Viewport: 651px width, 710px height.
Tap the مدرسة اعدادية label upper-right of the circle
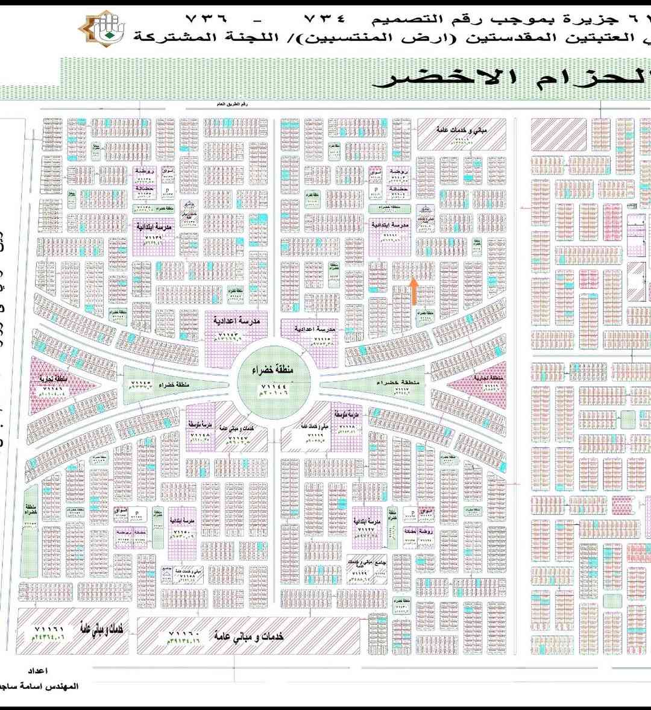coord(315,330)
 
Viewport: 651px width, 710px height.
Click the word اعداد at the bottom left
coord(38,670)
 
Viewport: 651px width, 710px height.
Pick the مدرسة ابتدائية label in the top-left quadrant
coord(156,228)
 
